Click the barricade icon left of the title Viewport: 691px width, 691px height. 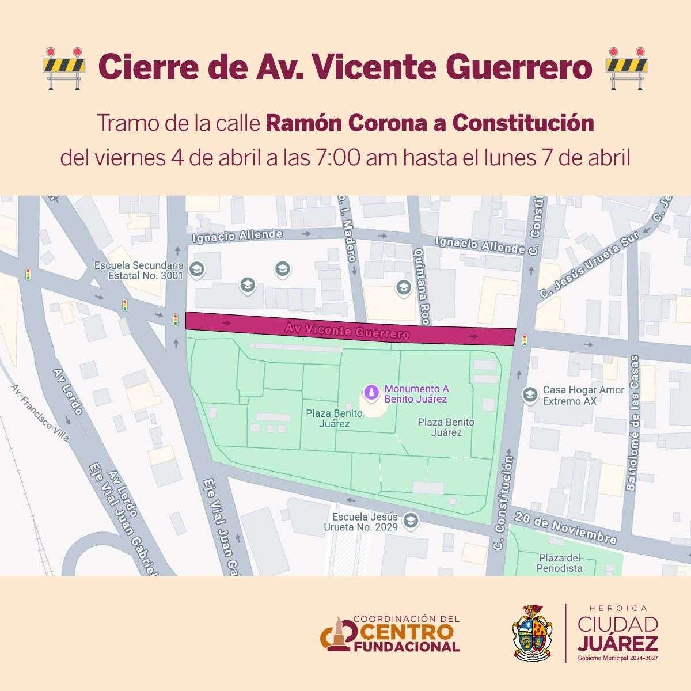point(63,68)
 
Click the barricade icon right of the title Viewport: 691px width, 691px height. point(627,68)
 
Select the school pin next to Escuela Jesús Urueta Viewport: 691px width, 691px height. point(409,521)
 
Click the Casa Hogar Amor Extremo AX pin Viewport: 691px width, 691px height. point(529,395)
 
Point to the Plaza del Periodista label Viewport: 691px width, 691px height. point(559,563)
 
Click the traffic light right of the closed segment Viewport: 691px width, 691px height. point(524,340)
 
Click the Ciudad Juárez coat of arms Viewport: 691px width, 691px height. point(533,632)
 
